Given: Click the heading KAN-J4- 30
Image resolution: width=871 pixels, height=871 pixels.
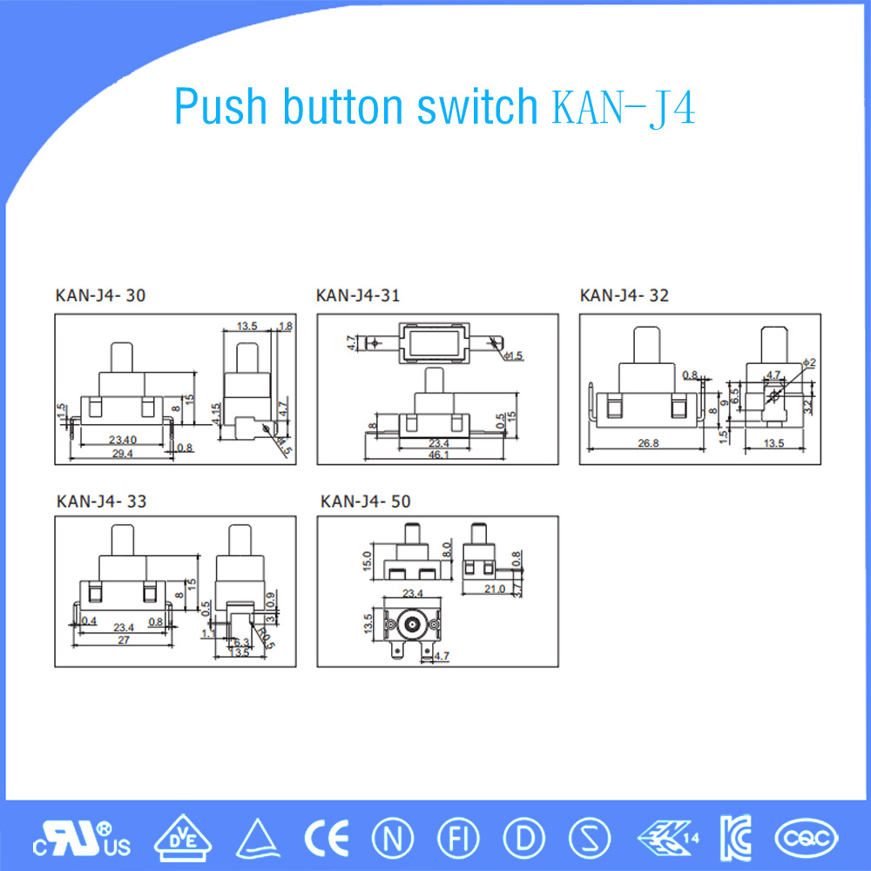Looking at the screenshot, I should [x=101, y=296].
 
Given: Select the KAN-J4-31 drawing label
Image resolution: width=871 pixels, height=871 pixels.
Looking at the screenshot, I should [x=358, y=296].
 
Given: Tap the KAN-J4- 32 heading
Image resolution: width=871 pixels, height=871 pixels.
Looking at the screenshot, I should [x=624, y=296].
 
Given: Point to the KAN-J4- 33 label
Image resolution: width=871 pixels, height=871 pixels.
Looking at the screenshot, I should [x=101, y=502].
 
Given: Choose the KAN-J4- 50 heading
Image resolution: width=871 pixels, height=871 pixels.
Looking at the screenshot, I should [x=365, y=502].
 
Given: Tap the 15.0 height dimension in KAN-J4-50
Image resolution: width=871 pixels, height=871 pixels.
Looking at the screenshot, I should [x=368, y=557].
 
